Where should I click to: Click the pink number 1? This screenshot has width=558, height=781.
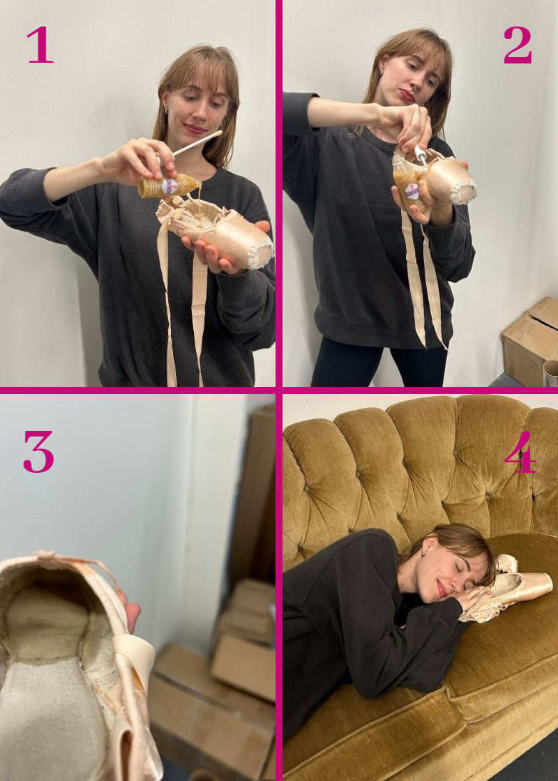tap(40, 45)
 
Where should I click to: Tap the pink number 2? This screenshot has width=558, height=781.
tap(518, 45)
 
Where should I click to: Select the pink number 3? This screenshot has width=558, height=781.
tap(38, 452)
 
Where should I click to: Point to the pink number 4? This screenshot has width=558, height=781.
tap(520, 452)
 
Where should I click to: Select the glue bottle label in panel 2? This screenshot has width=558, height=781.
tap(412, 191)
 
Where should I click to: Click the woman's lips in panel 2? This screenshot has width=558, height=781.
tap(407, 95)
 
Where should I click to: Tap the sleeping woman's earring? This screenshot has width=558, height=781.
tap(423, 554)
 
